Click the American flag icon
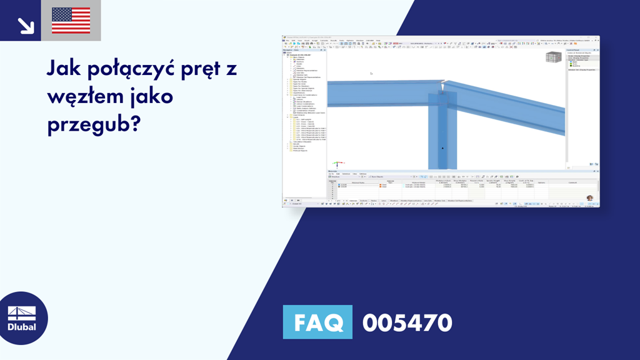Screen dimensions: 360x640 [71, 21]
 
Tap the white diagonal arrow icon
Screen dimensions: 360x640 [26, 25]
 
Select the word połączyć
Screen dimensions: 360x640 [138, 70]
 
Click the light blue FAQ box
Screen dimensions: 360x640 [317, 322]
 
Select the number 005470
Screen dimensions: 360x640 [407, 322]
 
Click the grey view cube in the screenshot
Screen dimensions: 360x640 [552, 57]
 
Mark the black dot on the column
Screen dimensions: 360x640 [442, 148]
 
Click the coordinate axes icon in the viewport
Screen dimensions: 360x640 [336, 164]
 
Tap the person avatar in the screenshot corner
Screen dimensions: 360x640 [589, 198]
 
